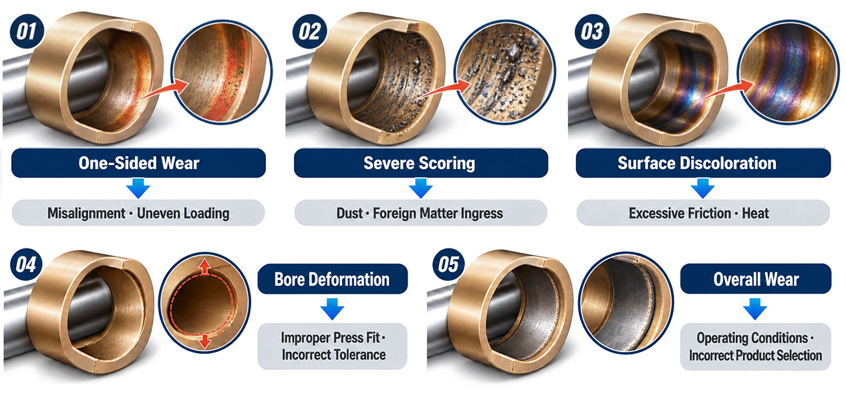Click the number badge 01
[x=27, y=31]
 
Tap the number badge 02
[x=309, y=31]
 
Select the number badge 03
[x=592, y=31]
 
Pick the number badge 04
[x=26, y=264]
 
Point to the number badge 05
[x=448, y=264]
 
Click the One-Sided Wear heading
[x=138, y=163]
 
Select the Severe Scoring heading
[x=419, y=163]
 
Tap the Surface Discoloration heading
[x=697, y=163]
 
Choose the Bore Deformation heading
[x=332, y=279]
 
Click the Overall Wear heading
[x=756, y=279]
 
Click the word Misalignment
[x=86, y=213]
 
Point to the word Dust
[x=349, y=213]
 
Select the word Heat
[x=755, y=213]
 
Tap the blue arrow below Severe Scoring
[x=420, y=188]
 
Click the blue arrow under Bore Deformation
[x=332, y=309]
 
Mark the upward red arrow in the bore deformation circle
[x=204, y=266]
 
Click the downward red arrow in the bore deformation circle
[x=204, y=341]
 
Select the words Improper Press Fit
[x=330, y=338]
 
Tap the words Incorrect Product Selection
[x=755, y=355]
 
